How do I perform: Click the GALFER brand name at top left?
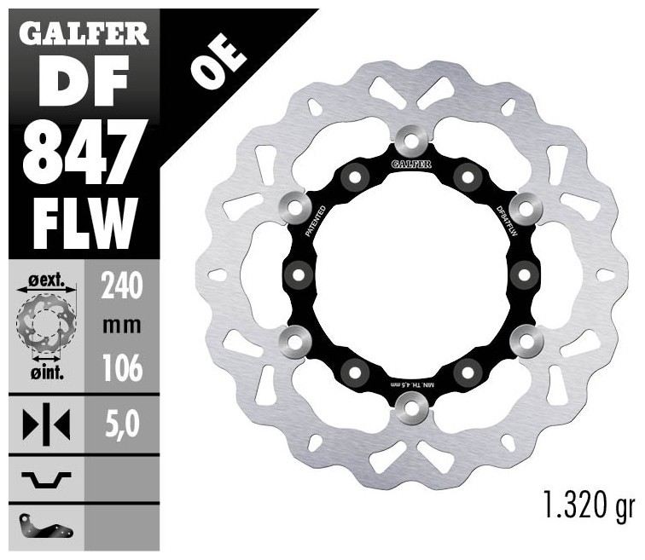pos(84,34)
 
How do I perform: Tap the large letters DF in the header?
pos(84,81)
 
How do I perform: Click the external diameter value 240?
pos(122,286)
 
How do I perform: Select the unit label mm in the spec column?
pos(122,326)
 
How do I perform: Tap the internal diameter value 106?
pos(122,367)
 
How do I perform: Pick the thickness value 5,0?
pos(122,424)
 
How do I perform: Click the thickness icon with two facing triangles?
pos(46,424)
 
